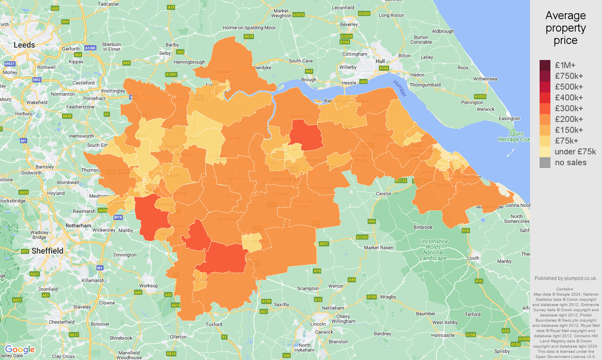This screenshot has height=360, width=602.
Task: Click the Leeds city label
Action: pos(24,45)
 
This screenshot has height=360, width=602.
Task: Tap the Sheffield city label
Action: pos(47,251)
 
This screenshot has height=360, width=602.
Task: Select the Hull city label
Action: pos(380,62)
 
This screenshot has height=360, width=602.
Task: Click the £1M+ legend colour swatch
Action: pos(545,65)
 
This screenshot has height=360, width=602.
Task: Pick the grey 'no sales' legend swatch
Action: pos(545,162)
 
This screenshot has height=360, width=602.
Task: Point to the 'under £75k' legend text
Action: pos(575,152)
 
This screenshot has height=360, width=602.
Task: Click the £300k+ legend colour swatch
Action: pos(545,108)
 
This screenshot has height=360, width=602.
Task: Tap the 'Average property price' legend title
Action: pos(565,28)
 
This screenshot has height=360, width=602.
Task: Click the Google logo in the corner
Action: pos(20,350)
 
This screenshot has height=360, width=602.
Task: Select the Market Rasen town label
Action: pos(378,248)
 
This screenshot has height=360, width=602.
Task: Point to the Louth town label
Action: pos(473,258)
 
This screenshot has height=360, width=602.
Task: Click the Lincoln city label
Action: pos(318,324)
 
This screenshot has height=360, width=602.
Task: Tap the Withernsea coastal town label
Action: pos(485,79)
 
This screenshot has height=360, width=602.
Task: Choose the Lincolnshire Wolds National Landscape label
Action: pos(433,250)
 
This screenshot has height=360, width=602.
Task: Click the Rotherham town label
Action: pos(78,226)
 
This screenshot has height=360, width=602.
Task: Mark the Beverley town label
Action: pos(349,24)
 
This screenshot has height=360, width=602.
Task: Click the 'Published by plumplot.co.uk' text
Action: pos(566,278)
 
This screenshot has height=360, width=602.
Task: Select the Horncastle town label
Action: pos(443,335)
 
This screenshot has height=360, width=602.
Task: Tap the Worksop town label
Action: pos(148,286)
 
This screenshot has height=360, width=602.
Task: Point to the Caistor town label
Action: pos(384,194)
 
